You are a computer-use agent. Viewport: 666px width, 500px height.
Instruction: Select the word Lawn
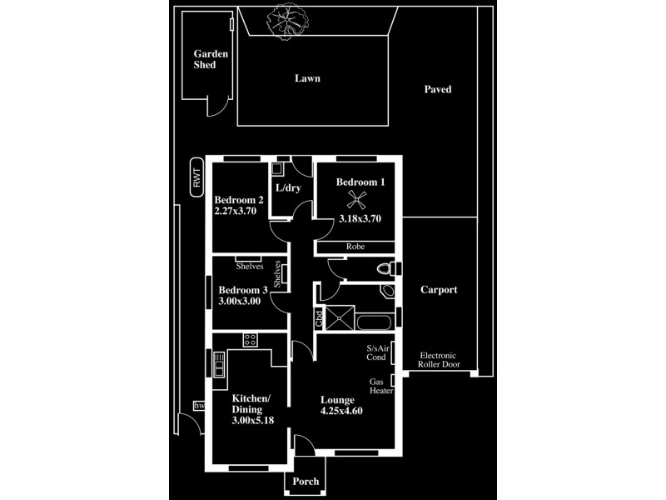(307, 78)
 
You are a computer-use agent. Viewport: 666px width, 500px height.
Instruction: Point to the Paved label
(437, 89)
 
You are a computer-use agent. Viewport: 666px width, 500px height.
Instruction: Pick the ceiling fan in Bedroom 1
(356, 197)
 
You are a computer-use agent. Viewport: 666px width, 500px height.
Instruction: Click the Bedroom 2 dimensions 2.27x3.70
(236, 212)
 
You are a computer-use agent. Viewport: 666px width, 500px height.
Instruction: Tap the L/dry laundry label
(287, 188)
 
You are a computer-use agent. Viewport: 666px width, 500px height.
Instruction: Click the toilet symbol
(385, 268)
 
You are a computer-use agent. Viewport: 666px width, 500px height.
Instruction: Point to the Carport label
(438, 290)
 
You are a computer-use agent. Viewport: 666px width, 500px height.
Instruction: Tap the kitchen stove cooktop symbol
(249, 339)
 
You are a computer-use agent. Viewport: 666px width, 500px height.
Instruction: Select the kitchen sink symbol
(218, 367)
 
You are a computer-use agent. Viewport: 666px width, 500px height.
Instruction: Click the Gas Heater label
(381, 386)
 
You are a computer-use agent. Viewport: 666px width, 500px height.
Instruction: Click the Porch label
(306, 482)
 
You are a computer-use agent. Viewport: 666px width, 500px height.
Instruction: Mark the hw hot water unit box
(198, 406)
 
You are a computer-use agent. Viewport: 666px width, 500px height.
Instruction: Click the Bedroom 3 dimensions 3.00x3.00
(240, 301)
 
